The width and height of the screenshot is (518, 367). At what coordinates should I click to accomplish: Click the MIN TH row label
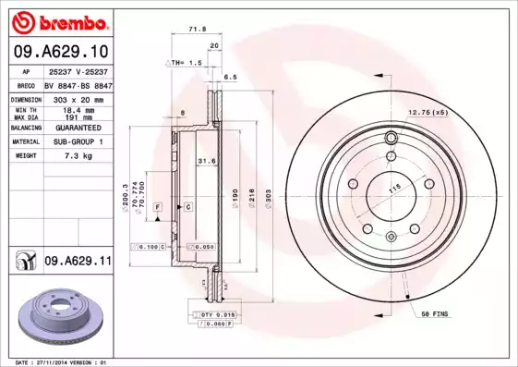point(25,110)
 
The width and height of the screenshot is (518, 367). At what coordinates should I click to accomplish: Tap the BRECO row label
point(26,84)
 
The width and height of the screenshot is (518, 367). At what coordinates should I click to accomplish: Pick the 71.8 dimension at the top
point(196,30)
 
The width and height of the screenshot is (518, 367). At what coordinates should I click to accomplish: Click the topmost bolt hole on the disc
point(391,139)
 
